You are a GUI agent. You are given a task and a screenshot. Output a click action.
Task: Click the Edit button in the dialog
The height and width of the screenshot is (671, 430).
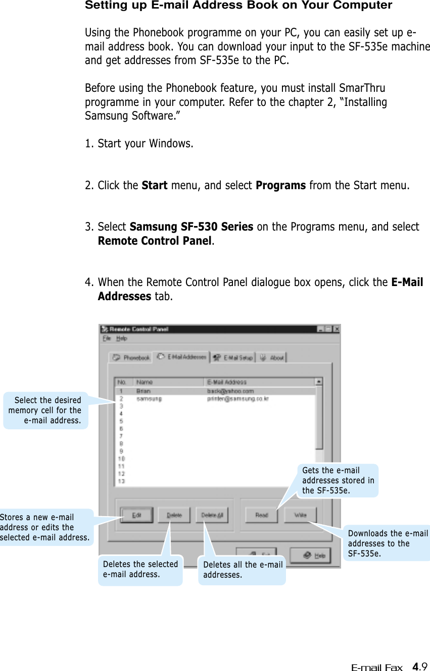[x=136, y=515]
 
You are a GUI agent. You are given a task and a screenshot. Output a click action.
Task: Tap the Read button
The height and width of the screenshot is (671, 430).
[x=261, y=515]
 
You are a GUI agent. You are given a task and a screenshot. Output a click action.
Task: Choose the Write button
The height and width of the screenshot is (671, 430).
[x=300, y=515]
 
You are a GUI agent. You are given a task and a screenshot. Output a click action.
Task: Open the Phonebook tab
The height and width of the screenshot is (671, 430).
[x=131, y=357]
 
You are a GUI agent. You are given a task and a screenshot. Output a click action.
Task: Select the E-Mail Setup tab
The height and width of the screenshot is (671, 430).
[x=233, y=357]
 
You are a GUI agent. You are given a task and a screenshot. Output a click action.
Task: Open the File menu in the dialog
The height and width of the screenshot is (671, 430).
[x=106, y=339]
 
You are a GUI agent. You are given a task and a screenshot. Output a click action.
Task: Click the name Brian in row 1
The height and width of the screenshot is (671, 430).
[x=142, y=390]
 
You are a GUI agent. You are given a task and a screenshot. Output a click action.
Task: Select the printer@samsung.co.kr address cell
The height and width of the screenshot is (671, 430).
[x=237, y=399]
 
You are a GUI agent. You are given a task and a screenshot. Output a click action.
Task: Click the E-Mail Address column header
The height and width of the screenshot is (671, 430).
[x=227, y=382]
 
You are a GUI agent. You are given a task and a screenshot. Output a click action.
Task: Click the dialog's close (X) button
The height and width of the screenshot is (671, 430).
[x=337, y=329]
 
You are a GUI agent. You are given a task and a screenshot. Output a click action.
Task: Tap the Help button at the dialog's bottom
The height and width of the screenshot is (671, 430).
[x=314, y=555]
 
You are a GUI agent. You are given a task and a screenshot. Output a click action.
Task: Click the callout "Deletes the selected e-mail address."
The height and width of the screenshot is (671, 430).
[x=140, y=569]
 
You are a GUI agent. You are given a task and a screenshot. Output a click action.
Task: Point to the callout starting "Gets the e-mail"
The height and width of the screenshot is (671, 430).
[x=338, y=480]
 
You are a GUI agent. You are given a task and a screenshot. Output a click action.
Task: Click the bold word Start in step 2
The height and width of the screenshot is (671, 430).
[x=155, y=185]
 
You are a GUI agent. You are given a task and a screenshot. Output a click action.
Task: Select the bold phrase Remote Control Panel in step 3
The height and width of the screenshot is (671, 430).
[x=154, y=241]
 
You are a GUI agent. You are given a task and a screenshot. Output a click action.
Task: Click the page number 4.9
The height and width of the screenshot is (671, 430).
[x=419, y=667]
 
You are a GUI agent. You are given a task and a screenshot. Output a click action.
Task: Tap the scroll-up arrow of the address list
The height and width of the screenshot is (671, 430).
[x=319, y=382]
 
